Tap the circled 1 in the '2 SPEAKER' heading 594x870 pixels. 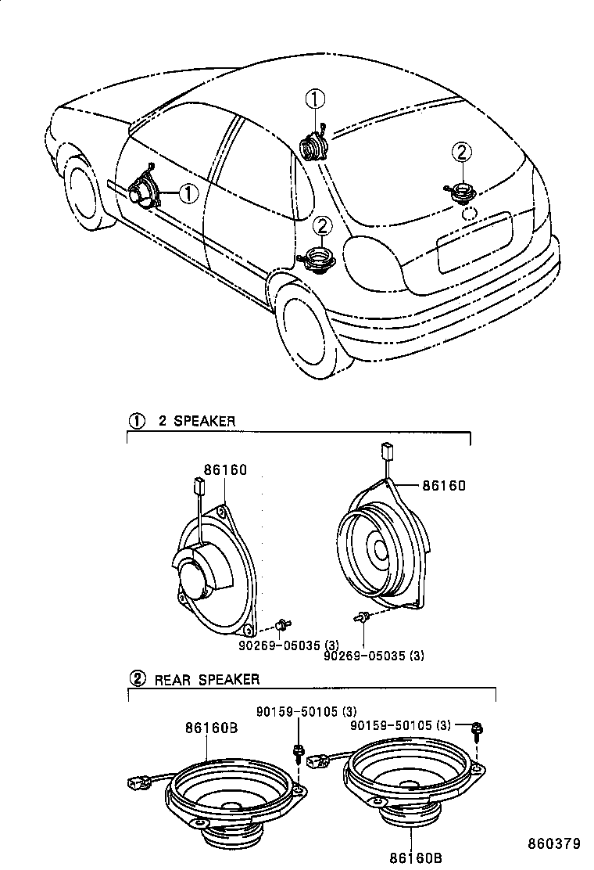click(x=137, y=420)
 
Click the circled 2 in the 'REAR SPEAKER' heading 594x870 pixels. click(x=137, y=678)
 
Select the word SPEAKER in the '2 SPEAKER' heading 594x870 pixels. click(x=204, y=421)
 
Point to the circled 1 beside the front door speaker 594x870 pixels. click(x=188, y=192)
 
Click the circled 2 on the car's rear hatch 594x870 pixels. click(x=461, y=151)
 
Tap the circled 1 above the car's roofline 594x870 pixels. click(x=314, y=99)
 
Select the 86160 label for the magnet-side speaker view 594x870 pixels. click(x=225, y=470)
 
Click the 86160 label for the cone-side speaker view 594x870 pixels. click(x=444, y=486)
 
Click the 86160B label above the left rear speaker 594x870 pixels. click(x=211, y=727)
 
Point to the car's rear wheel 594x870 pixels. click(x=306, y=328)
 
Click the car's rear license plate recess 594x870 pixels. click(x=473, y=243)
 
